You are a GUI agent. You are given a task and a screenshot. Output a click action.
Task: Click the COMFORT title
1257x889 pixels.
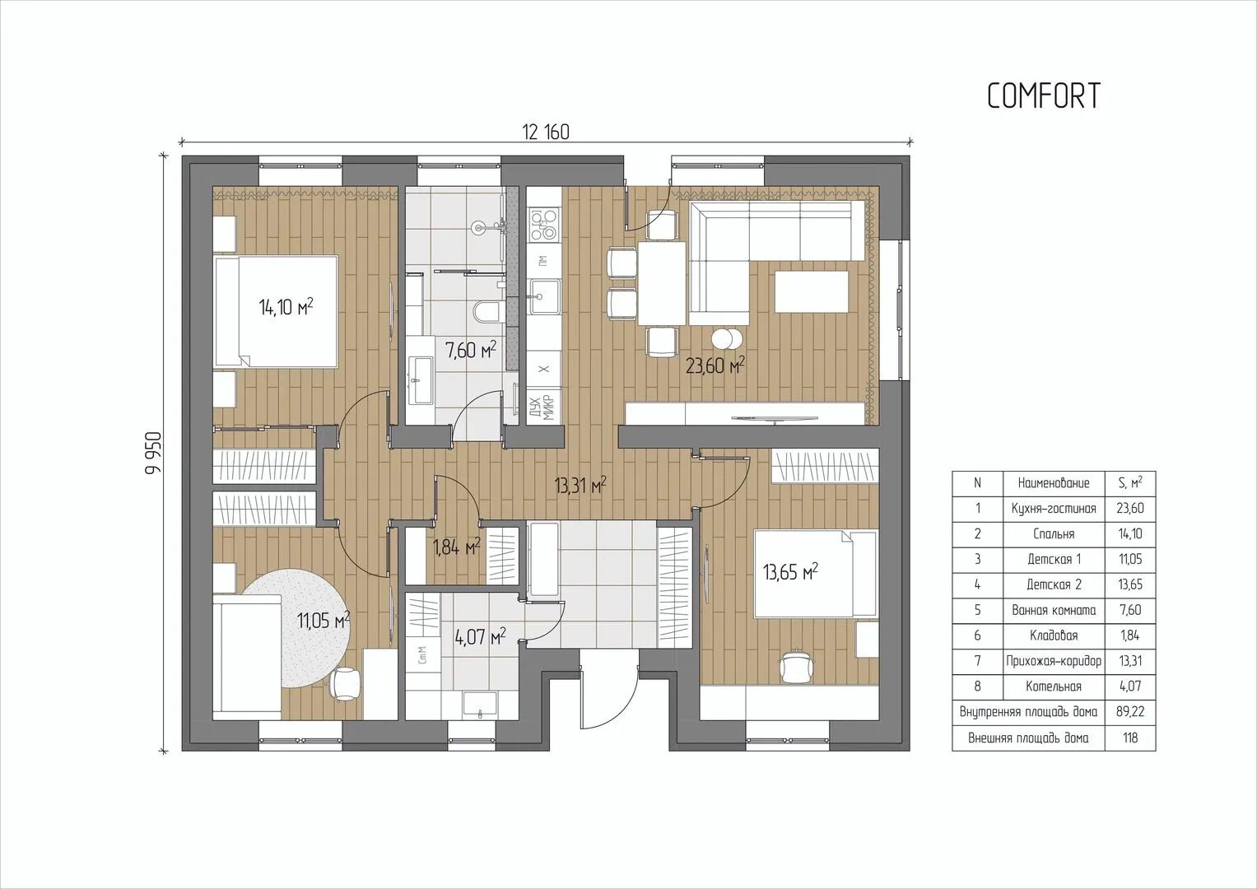[1044, 95]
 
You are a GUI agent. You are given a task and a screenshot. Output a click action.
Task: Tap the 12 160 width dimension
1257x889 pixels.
[546, 133]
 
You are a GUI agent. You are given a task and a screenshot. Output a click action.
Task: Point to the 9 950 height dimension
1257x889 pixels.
[153, 453]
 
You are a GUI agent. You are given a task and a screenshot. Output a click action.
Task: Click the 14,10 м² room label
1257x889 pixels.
[286, 307]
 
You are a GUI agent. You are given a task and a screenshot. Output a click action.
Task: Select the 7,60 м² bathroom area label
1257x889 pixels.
[470, 350]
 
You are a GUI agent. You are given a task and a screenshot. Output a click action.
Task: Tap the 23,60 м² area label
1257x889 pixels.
[715, 366]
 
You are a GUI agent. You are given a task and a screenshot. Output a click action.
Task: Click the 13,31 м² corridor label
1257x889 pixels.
[580, 485]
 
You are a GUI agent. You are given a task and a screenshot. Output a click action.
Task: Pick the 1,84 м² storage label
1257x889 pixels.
[457, 546]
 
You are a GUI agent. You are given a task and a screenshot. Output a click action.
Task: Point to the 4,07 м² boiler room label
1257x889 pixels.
[481, 638]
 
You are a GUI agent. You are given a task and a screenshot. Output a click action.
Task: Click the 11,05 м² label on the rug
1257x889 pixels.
[324, 621]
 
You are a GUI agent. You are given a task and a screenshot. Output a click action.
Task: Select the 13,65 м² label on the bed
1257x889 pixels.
[790, 572]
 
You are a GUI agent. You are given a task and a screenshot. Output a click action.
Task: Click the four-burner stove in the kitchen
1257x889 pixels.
[544, 225]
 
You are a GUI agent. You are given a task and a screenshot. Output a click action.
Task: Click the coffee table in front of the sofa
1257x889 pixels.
[812, 291]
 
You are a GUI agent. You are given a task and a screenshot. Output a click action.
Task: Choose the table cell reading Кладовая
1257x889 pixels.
[1054, 635]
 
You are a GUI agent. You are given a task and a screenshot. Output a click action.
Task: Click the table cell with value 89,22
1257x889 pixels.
[1130, 712]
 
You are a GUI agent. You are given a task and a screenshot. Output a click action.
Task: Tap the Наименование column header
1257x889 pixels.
[1054, 483]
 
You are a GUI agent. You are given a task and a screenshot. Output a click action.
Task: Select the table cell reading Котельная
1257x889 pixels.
[1054, 686]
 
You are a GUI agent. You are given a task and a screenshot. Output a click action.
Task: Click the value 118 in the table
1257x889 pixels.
[1130, 738]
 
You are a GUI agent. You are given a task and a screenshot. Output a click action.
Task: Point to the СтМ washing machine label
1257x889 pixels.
[423, 654]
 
